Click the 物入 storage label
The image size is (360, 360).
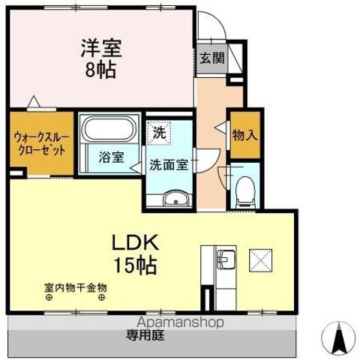click(244, 136)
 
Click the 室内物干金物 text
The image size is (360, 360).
click(75, 286)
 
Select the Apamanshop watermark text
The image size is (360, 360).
click(180, 322)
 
